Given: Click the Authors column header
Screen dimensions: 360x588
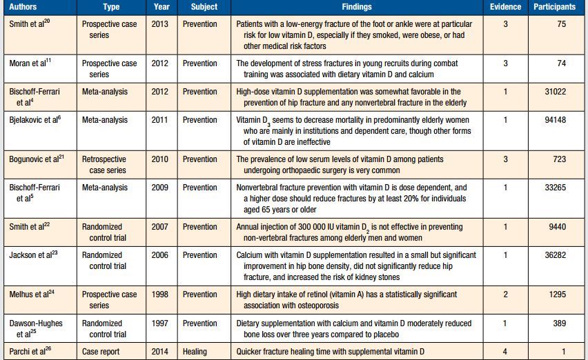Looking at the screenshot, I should point(24,7).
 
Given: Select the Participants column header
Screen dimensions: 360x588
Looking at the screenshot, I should point(554,7).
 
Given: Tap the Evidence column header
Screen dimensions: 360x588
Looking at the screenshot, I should point(506,7).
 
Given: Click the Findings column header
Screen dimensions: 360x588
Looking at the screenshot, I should point(356,7).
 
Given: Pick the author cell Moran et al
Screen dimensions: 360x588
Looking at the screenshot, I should point(29,63).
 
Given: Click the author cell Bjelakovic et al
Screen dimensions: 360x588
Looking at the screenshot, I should point(35,120).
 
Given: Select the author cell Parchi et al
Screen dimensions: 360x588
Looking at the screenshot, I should point(30,351).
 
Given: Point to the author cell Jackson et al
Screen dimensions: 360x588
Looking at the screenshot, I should point(33,255).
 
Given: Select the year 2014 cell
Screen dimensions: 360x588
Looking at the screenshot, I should point(159,351).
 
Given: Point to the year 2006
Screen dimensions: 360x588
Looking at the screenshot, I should point(159,255).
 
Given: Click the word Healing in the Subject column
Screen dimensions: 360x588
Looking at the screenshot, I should point(195,351).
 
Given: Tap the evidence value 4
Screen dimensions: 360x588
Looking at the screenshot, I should point(505,351).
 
